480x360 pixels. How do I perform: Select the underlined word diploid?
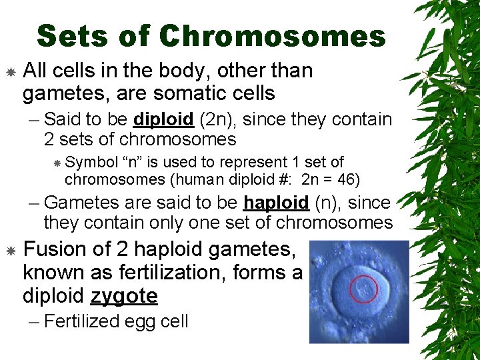(x=163, y=119)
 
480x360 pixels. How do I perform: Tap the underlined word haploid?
(x=275, y=203)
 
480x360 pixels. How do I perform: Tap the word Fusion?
(x=54, y=249)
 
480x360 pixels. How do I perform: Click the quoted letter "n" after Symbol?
(x=130, y=162)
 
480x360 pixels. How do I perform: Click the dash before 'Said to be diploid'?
(x=34, y=120)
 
